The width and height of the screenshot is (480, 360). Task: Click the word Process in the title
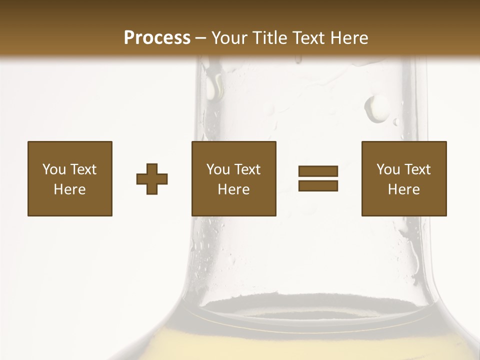[157, 38]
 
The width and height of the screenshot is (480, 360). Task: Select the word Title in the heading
[272, 38]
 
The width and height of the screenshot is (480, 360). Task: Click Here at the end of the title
[350, 38]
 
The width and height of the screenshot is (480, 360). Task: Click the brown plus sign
[152, 178]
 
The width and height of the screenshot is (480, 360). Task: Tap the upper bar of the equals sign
[318, 171]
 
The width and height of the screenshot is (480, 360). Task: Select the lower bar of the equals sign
[318, 185]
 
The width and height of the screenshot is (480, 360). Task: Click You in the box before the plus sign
[53, 169]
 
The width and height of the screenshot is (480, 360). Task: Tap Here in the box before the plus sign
[69, 189]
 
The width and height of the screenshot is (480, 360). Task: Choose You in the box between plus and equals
[217, 169]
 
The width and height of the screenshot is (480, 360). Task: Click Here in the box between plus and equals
[233, 189]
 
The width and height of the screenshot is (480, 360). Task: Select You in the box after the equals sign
[387, 169]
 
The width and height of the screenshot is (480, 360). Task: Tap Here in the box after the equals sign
[403, 189]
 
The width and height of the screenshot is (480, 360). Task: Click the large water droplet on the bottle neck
[376, 108]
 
